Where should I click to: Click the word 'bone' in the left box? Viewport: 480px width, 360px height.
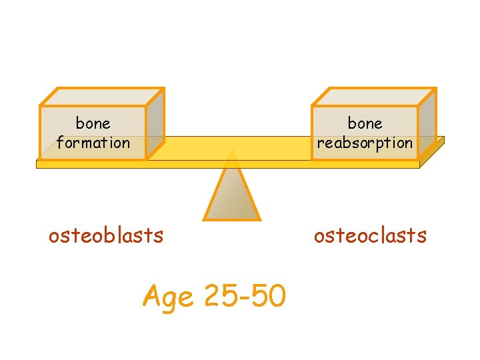(x=93, y=123)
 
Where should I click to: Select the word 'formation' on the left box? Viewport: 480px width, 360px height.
(x=93, y=142)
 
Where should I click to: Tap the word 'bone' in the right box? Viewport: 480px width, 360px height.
(x=365, y=123)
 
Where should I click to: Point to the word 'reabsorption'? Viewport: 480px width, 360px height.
(x=365, y=143)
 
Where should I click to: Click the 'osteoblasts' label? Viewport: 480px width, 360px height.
(x=106, y=235)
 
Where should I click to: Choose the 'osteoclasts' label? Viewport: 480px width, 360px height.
(x=370, y=235)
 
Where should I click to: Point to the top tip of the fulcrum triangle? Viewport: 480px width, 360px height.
(x=231, y=151)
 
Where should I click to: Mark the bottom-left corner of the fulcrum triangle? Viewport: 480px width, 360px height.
(x=205, y=219)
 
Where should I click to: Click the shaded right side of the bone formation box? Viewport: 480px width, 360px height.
(x=155, y=123)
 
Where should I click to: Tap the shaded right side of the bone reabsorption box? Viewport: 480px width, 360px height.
(x=427, y=123)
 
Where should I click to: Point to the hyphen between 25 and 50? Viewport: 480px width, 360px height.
(x=244, y=297)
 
